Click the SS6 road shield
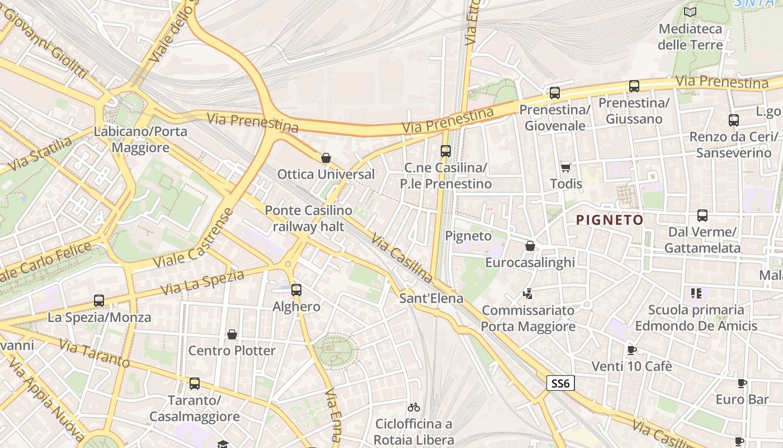tap(560, 383)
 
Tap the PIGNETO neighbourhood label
tap(610, 220)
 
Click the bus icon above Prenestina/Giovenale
tap(554, 93)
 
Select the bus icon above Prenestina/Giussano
tap(634, 86)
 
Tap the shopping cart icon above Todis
tap(566, 167)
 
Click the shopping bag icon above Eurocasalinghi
tap(530, 246)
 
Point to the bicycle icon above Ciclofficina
tap(414, 407)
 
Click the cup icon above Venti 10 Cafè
tap(631, 351)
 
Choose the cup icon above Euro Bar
tap(742, 383)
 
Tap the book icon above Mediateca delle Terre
tap(690, 12)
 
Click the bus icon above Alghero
tap(296, 290)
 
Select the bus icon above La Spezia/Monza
tap(99, 301)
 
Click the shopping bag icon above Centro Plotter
tap(232, 334)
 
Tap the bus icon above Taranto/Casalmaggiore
tap(195, 384)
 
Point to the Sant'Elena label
tap(431, 298)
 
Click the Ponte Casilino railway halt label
tap(308, 218)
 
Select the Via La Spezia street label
tap(203, 282)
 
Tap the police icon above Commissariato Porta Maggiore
tap(527, 293)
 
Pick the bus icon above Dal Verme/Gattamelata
tap(702, 216)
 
